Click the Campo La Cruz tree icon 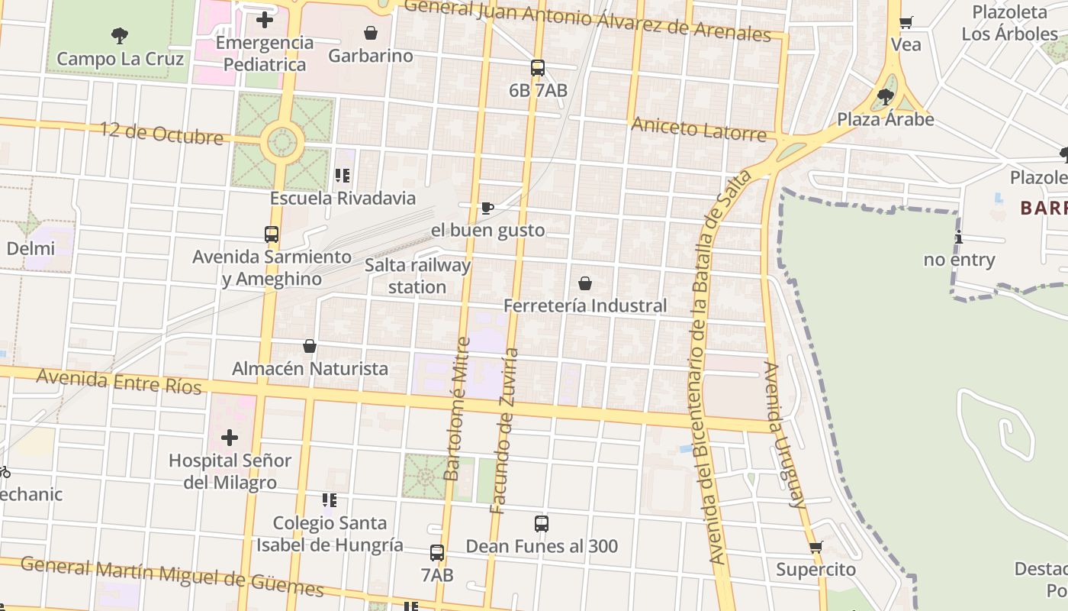tap(119, 35)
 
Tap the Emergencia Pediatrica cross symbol tap(265, 20)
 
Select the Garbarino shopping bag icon tap(371, 33)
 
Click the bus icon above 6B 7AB tap(538, 68)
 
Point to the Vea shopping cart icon tap(906, 22)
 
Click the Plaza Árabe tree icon tap(886, 97)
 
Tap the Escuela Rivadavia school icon tap(343, 176)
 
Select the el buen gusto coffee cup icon tap(487, 208)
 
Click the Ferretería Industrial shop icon tap(585, 283)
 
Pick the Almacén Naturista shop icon tap(310, 346)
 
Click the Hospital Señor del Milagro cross tap(230, 438)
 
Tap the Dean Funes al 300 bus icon tap(542, 524)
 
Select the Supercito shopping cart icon tap(815, 547)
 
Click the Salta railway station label tap(417, 276)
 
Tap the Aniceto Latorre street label tap(698, 129)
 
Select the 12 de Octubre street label tap(162, 133)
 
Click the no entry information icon tap(959, 238)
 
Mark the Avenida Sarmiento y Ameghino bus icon tap(272, 234)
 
